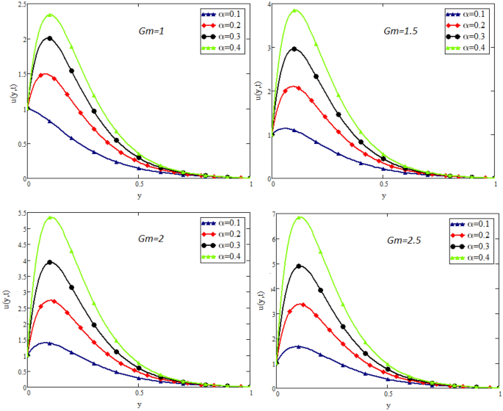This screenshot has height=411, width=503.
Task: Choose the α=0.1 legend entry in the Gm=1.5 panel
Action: pyautogui.click(x=466, y=14)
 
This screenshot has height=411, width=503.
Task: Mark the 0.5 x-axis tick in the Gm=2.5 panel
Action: pyautogui.click(x=386, y=395)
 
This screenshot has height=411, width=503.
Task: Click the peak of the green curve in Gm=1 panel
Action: pyautogui.click(x=50, y=14)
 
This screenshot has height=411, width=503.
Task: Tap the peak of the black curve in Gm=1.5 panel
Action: pyautogui.click(x=294, y=48)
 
